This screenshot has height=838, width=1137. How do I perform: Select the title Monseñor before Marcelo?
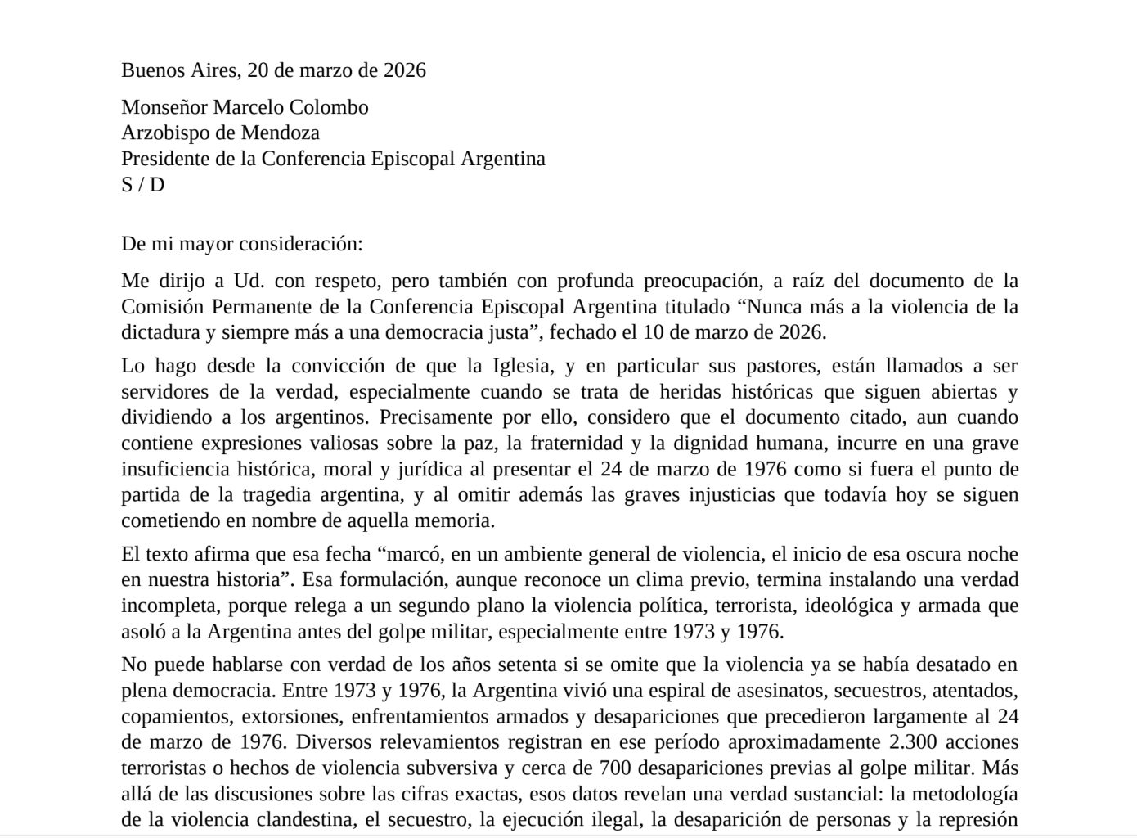point(164,107)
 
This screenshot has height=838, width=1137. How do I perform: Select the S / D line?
point(142,185)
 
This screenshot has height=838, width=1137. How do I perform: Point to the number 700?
point(616,768)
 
